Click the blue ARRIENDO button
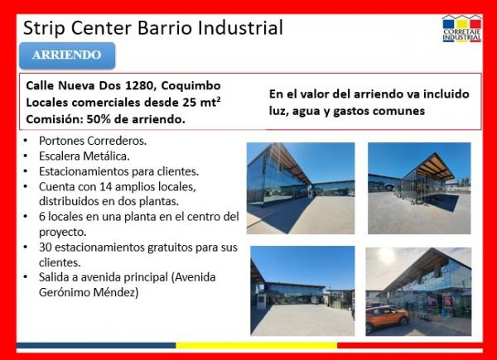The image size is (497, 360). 67,55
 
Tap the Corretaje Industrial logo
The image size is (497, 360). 462,28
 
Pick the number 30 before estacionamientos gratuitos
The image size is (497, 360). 46,247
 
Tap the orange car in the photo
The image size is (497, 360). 387,317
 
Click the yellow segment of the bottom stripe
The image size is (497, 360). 257,345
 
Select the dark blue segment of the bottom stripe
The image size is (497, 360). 96,345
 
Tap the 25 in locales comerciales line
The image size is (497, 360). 189,103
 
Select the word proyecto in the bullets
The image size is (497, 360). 62,233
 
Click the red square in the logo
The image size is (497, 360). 475,24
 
